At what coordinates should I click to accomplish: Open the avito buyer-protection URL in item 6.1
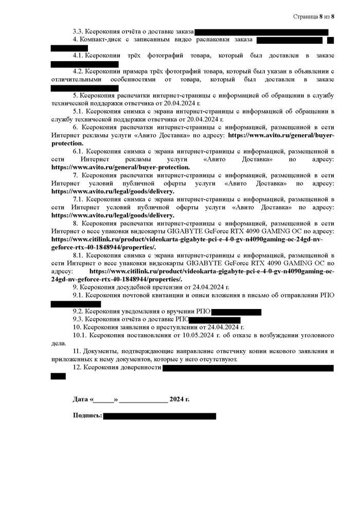tap(121, 167)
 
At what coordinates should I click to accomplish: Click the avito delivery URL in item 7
tap(113, 191)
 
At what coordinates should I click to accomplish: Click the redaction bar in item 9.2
tap(236, 312)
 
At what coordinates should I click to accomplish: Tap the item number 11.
tap(77, 351)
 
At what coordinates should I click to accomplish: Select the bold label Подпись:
tap(87, 415)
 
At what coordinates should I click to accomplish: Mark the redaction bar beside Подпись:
tap(159, 416)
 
